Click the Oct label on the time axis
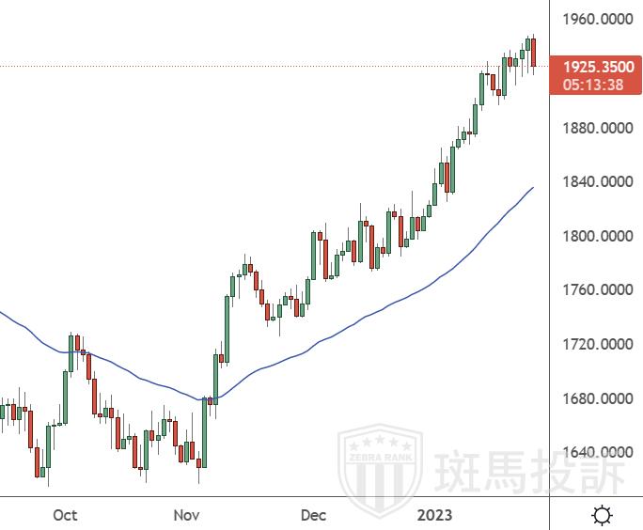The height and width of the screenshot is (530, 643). (x=65, y=515)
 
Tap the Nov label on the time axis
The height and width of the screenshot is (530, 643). (x=188, y=515)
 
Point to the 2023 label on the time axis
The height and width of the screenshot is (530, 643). (x=435, y=515)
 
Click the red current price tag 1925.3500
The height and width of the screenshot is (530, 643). (x=599, y=67)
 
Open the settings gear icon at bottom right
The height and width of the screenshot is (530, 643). (x=600, y=515)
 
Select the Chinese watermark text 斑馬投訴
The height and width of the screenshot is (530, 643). (x=528, y=471)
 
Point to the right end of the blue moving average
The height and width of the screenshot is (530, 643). (x=533, y=188)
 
